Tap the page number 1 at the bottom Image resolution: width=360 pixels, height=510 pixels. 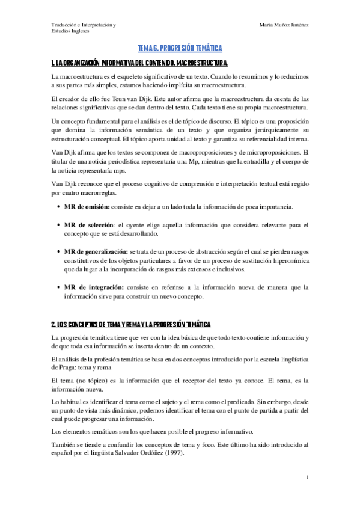pos(307,478)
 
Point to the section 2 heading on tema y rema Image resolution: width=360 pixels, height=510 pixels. pos(131,324)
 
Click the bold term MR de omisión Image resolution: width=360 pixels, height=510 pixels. pos(87,207)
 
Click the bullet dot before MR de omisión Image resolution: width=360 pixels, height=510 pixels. pos(58,207)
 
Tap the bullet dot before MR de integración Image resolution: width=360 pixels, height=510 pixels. pos(58,287)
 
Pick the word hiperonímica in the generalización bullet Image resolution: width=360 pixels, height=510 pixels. pos(287,262)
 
